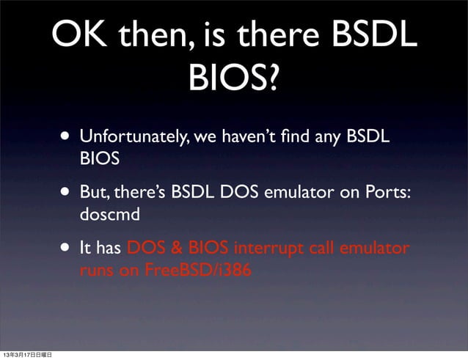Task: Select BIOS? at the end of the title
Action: pos(233,79)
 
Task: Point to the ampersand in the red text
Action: pos(164,249)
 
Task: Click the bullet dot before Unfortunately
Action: pos(67,137)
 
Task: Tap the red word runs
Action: pos(98,271)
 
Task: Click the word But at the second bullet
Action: pos(94,192)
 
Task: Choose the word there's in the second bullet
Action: pos(139,192)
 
